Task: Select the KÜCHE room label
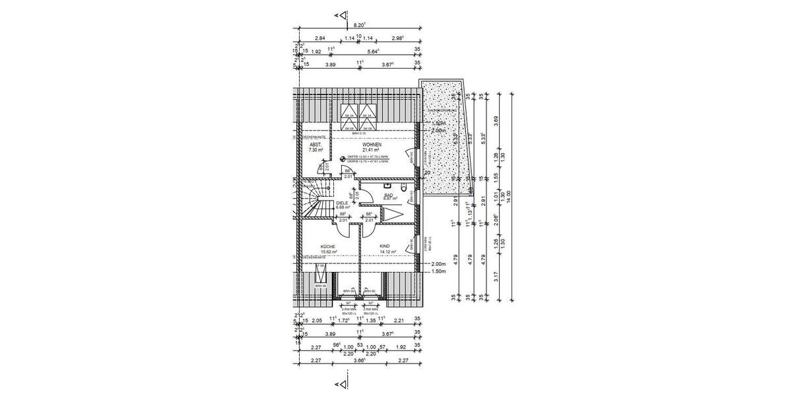(328, 246)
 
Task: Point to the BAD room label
(389, 194)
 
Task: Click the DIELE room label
(341, 203)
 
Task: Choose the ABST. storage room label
(315, 145)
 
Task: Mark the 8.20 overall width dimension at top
(360, 24)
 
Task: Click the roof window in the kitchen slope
(321, 275)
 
